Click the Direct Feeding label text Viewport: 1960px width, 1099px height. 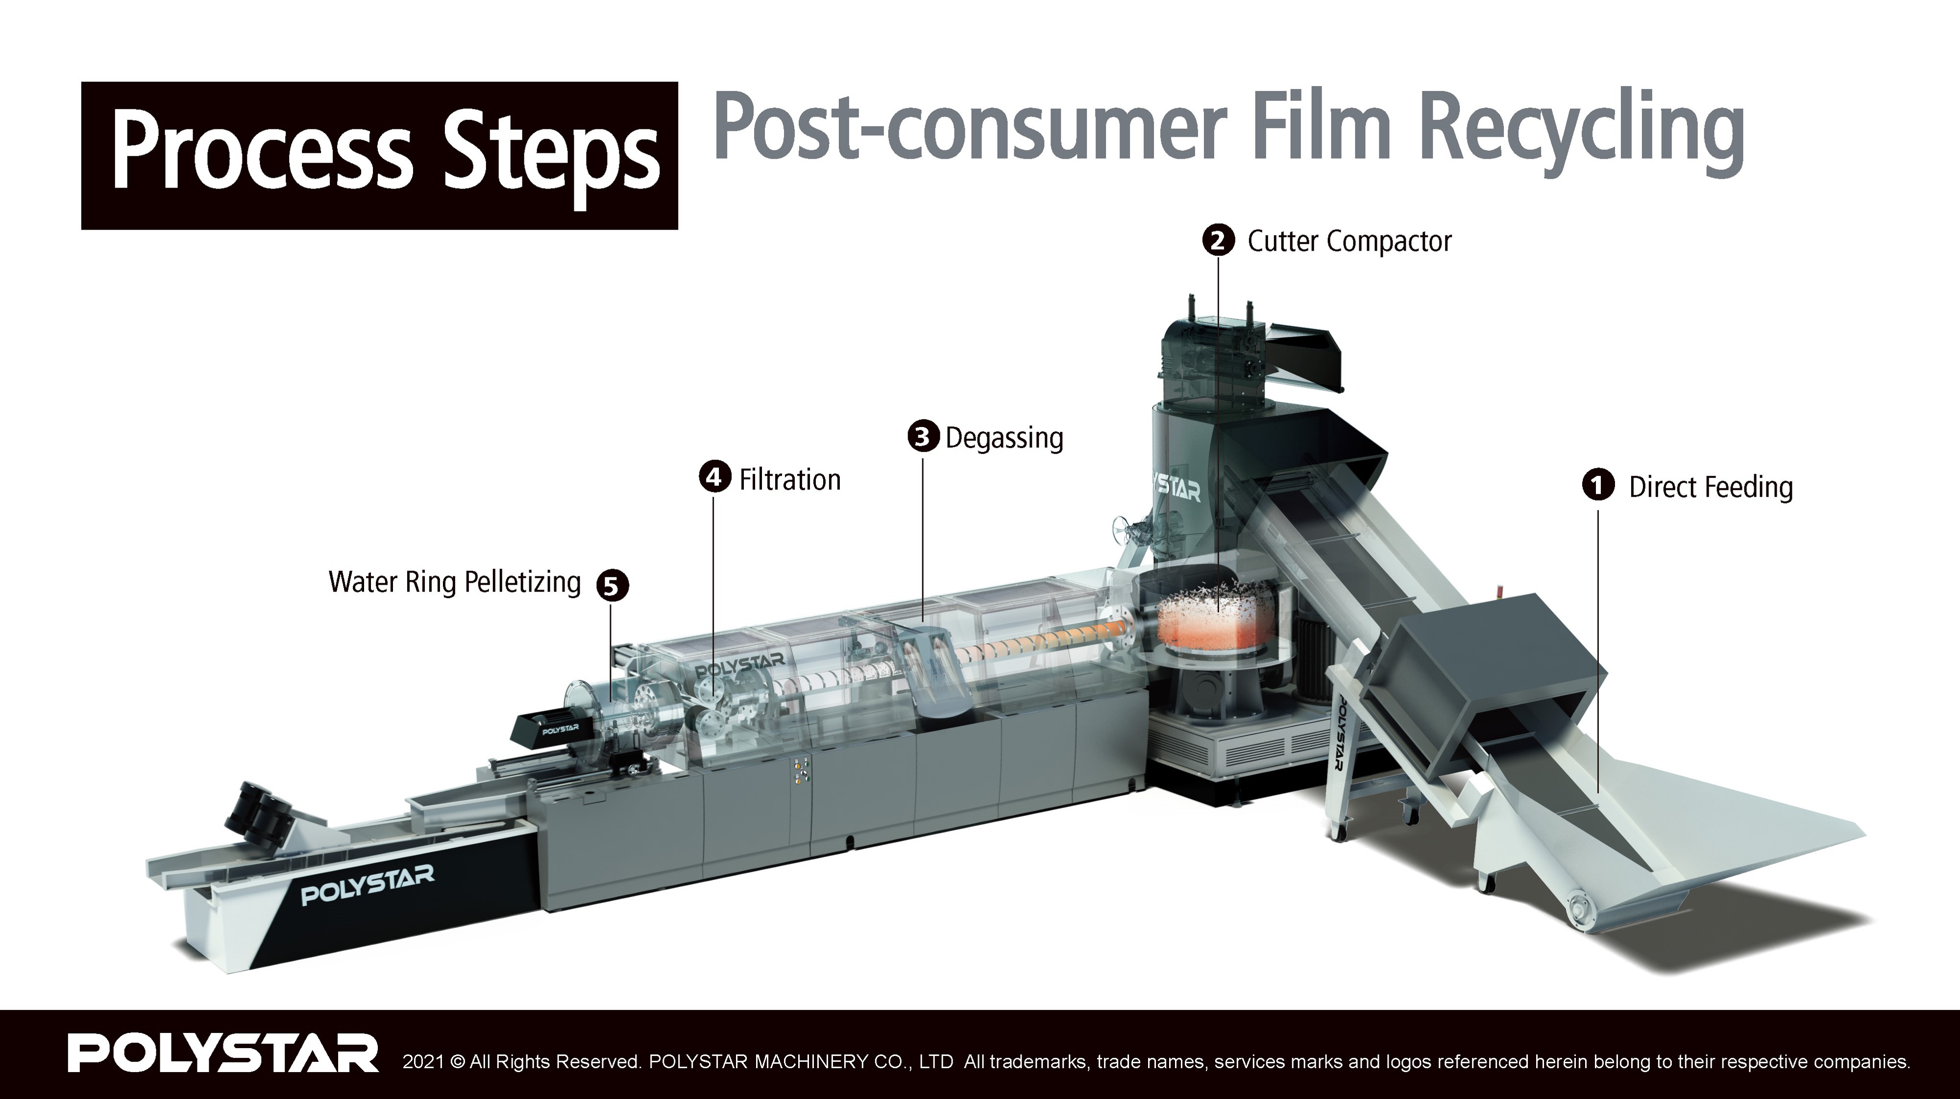(x=1711, y=487)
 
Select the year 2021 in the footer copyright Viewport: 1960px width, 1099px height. (x=422, y=1061)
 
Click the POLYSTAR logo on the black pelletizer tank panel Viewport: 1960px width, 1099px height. (x=367, y=884)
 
